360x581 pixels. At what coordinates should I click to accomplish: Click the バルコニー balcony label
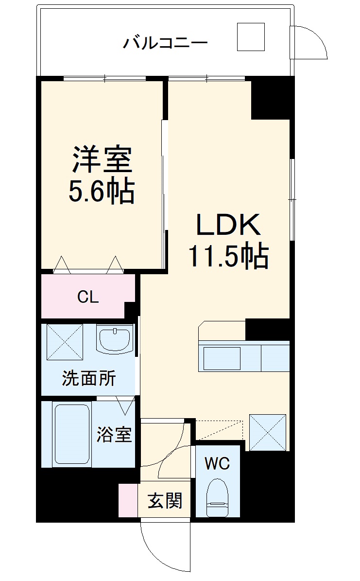[165, 43]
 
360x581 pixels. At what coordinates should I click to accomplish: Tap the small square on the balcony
[251, 37]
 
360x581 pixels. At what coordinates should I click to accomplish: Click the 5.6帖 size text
[102, 192]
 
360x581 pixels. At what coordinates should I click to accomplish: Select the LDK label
[229, 225]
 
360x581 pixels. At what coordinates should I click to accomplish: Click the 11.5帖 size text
[228, 256]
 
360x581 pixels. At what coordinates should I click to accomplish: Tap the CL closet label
[88, 297]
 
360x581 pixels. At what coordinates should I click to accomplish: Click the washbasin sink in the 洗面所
[115, 337]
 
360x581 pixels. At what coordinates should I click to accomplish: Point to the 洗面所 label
[88, 379]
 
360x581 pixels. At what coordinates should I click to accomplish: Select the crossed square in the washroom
[65, 342]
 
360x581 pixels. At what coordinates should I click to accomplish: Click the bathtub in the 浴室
[71, 434]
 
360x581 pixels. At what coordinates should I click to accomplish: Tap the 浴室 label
[114, 434]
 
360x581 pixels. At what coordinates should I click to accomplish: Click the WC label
[217, 463]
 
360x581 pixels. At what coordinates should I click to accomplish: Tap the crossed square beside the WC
[267, 432]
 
